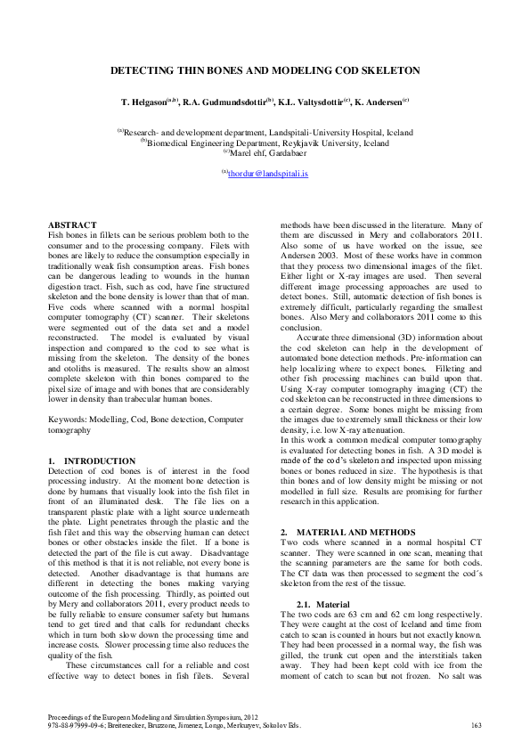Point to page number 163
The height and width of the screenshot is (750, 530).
coord(476,726)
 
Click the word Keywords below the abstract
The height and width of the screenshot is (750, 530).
coord(67,368)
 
